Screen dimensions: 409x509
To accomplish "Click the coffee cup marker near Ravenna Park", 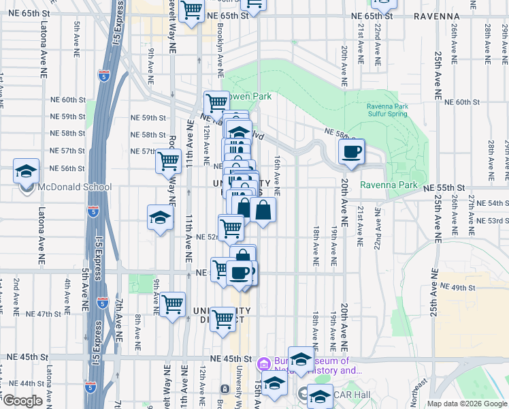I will coord(351,152).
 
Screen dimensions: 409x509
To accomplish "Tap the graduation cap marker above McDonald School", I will coord(26,171).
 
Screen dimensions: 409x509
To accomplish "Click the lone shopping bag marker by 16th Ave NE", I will coord(263,211).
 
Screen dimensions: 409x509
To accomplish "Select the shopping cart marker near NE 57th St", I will coord(167,162).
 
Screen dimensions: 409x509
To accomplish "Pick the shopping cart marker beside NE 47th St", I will coord(172,304).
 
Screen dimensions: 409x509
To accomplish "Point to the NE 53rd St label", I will coord(491,220).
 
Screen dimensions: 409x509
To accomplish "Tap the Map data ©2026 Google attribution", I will coord(467,404).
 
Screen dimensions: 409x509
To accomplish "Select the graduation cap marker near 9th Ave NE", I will coord(159,218).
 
